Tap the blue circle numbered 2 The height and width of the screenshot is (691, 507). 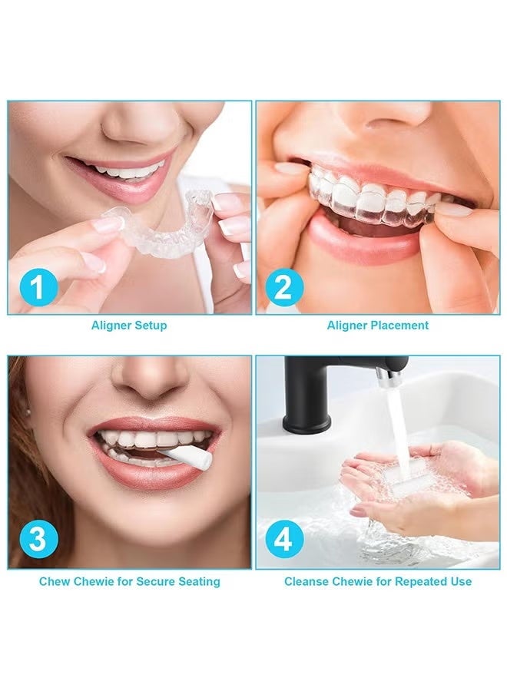(x=283, y=287)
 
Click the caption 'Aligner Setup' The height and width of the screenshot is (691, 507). (x=129, y=326)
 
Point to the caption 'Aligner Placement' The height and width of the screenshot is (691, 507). (x=378, y=326)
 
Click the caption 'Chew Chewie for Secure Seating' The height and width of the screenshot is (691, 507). (x=129, y=581)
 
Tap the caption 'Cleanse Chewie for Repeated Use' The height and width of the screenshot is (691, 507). (x=378, y=581)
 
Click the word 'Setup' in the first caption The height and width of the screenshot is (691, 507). (x=151, y=326)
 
